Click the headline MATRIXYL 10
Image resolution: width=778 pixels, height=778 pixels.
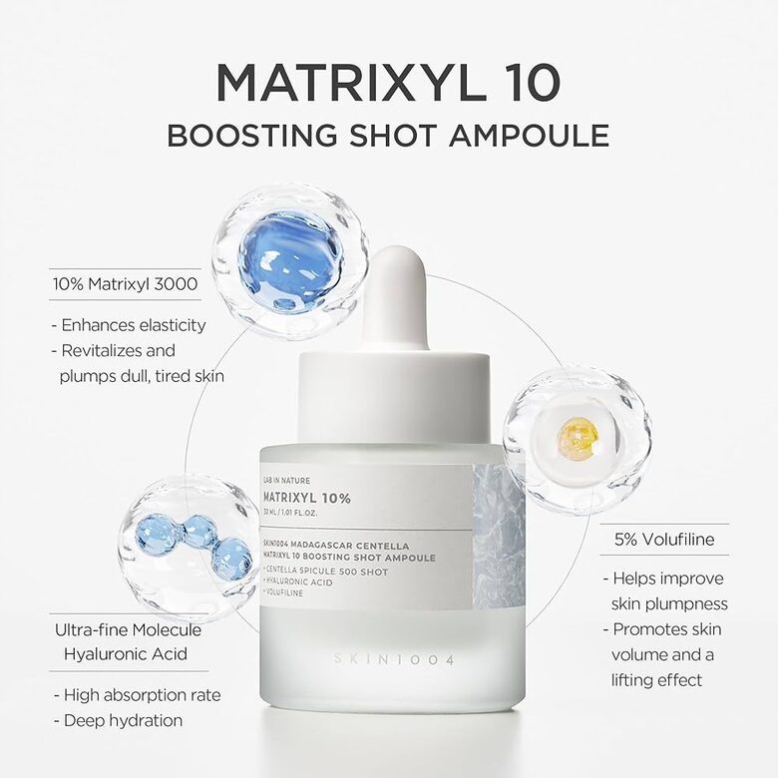(388, 84)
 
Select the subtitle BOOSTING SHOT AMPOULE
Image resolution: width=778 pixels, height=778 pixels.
(388, 135)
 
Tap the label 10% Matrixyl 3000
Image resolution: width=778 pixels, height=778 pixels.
(125, 284)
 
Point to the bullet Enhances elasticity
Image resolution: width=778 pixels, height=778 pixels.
(128, 324)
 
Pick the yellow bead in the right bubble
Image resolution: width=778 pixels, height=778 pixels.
(578, 439)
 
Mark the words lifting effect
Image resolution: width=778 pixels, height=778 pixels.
(657, 679)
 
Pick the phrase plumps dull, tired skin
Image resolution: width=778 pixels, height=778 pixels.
(140, 376)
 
